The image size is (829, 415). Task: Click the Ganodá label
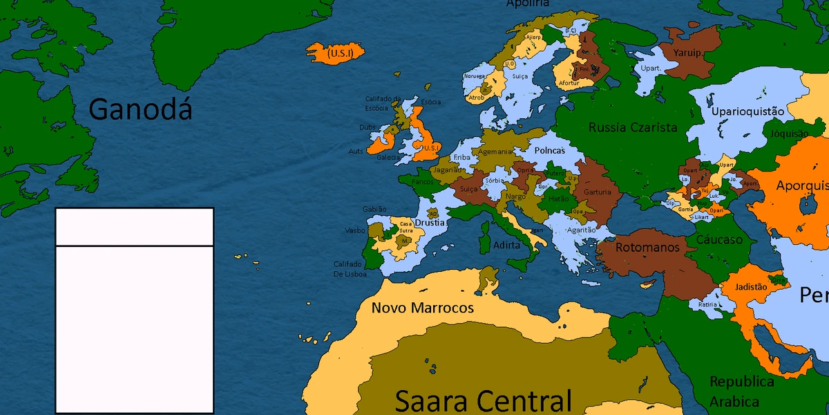[140, 109]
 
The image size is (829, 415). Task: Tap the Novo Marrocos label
[423, 308]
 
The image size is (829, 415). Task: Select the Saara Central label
[484, 400]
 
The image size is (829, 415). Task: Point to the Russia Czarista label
[633, 127]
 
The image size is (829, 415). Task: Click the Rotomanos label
[647, 247]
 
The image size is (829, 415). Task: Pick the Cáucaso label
[719, 240]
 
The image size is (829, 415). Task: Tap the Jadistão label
[752, 286]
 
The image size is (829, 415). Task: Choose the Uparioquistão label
[748, 111]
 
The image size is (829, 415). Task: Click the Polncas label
[549, 150]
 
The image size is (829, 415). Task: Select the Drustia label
[430, 223]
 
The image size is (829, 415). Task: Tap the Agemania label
[495, 151]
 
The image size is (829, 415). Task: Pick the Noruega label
[475, 76]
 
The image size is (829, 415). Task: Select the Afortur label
[568, 83]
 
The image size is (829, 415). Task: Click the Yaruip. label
[689, 52]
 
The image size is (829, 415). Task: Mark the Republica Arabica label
[742, 391]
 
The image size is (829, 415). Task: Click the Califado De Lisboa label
[350, 268]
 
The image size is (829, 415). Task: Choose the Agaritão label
[581, 230]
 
